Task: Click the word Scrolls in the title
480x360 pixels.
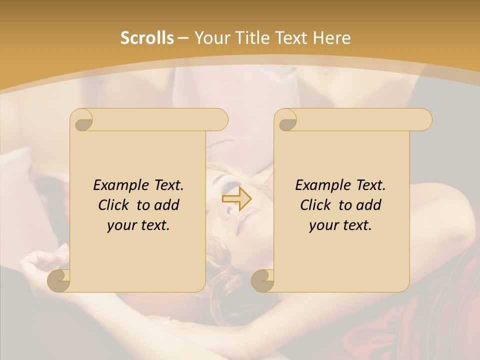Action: tap(147, 38)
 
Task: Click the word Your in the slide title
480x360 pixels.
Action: tap(210, 38)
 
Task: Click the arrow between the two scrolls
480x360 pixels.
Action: tap(236, 199)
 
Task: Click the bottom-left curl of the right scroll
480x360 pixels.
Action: tap(263, 280)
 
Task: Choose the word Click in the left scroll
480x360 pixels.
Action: tap(113, 205)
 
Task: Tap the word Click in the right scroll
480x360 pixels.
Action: tap(315, 205)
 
